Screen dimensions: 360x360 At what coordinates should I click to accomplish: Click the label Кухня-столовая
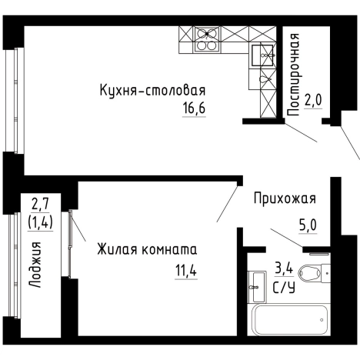(153, 92)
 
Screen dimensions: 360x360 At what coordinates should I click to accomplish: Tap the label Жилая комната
(147, 249)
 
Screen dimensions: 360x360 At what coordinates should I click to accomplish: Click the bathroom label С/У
(285, 288)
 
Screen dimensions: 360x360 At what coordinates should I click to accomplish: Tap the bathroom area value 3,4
(284, 270)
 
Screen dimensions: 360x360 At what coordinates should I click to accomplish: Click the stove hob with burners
(206, 38)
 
